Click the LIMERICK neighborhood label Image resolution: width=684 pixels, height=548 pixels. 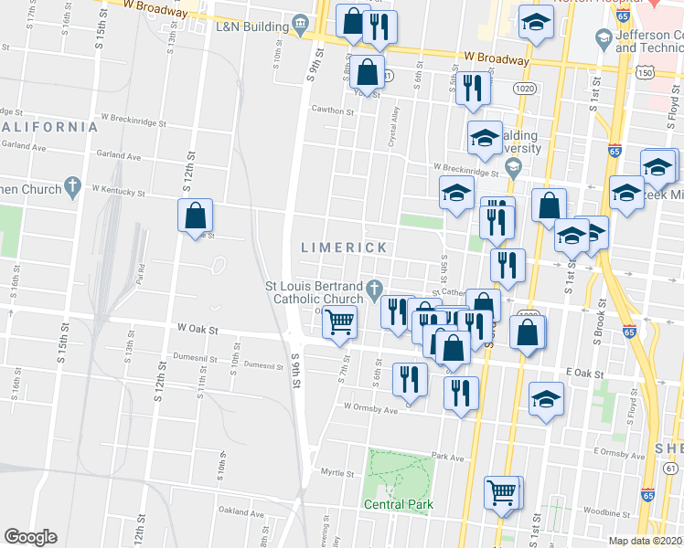click(346, 248)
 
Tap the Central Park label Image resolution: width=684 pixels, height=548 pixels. click(397, 504)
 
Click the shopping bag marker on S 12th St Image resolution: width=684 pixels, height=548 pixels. click(196, 216)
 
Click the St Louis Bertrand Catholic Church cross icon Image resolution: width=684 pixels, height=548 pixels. click(374, 292)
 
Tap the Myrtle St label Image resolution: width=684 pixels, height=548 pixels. click(337, 473)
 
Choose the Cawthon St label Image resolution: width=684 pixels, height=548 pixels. click(332, 111)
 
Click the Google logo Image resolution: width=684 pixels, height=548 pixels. click(30, 536)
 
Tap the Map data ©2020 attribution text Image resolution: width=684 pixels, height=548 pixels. click(646, 541)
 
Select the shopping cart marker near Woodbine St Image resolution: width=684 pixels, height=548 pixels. click(502, 492)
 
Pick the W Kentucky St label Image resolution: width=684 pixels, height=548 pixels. click(119, 192)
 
